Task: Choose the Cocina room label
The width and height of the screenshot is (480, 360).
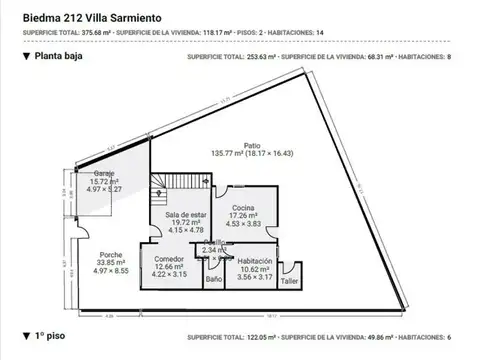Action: click(x=243, y=180)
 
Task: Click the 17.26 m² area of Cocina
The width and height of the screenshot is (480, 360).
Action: click(x=243, y=188)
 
